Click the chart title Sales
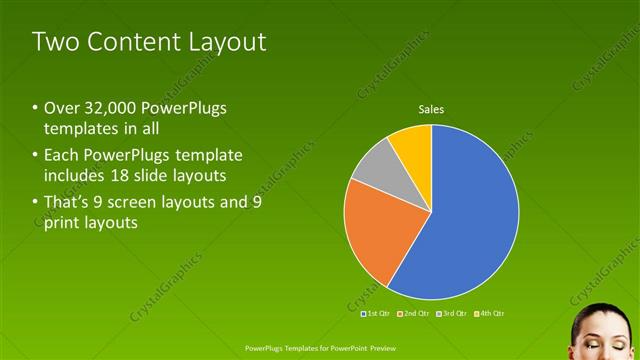click(x=431, y=109)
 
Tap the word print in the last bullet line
click(x=62, y=223)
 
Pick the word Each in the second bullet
click(x=63, y=155)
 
